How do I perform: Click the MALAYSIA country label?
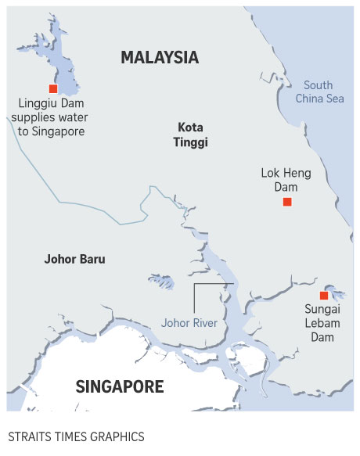point(160,57)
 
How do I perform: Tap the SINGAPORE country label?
point(120,386)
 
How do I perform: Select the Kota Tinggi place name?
point(192,134)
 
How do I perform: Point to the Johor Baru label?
point(74,259)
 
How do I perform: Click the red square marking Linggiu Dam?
point(53,88)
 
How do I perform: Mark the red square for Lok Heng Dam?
point(287,202)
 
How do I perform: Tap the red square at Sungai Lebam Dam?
point(323,295)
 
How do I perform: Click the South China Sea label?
point(319,92)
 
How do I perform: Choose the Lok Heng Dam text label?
point(286,180)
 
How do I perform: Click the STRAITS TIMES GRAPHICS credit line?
point(76,436)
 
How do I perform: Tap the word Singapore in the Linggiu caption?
point(56,131)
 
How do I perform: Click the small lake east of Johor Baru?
point(163,281)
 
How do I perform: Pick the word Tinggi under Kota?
point(192,142)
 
